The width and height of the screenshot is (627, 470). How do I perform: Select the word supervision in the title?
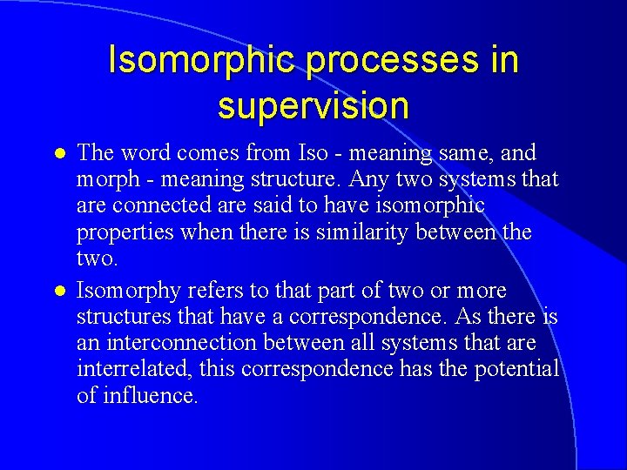pyautogui.click(x=313, y=105)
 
